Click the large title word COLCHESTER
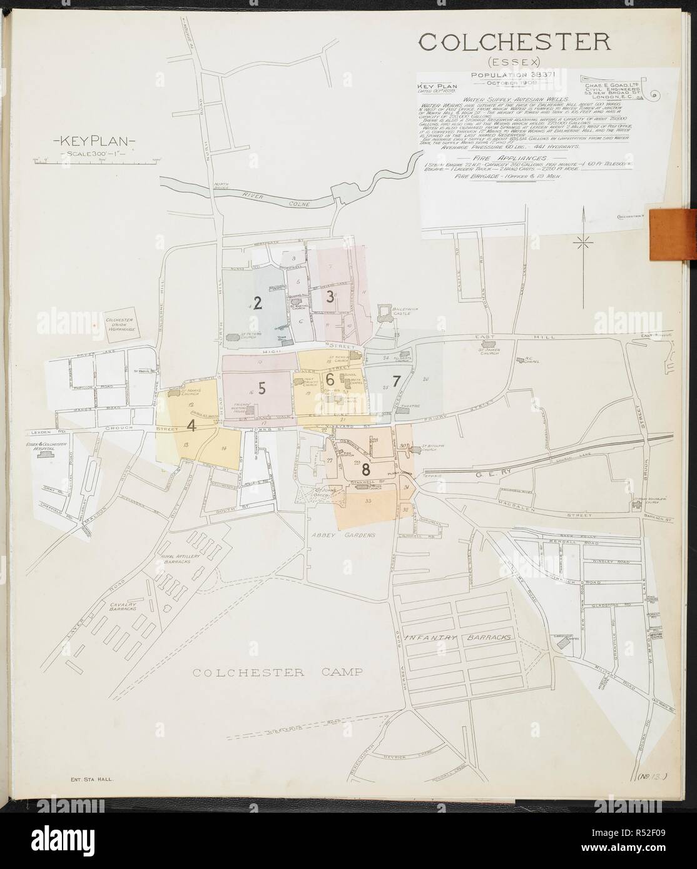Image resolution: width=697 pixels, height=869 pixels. (x=514, y=42)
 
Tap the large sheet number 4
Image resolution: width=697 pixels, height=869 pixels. (x=191, y=425)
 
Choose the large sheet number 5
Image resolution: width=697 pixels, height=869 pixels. (x=262, y=388)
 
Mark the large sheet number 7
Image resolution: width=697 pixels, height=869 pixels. (x=395, y=380)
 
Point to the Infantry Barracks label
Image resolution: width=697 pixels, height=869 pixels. (x=458, y=638)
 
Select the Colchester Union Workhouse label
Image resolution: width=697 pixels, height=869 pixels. (x=122, y=327)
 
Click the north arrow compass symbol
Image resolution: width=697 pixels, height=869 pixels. (x=583, y=241)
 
